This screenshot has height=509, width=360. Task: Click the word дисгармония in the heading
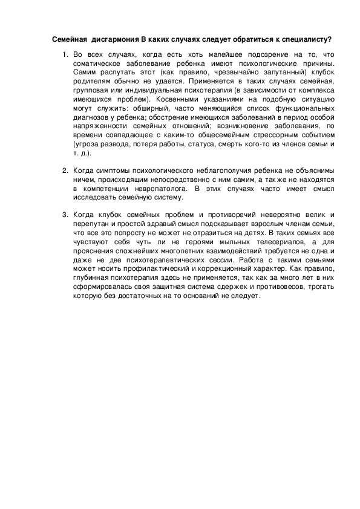114,39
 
